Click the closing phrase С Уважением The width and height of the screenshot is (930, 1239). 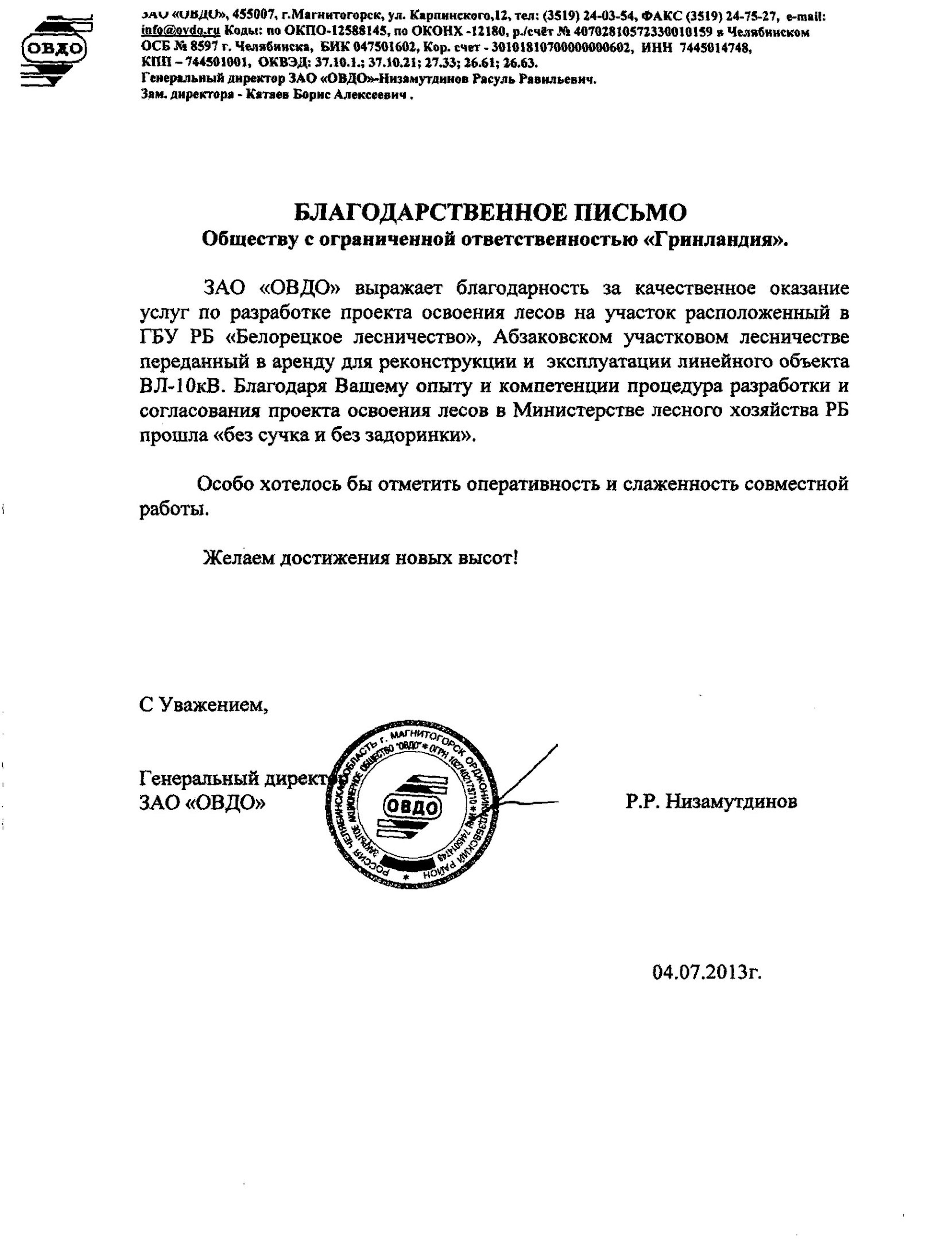point(203,704)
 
